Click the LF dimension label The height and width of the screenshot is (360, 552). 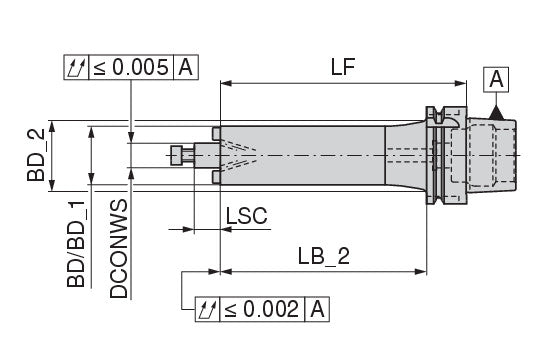coord(343,67)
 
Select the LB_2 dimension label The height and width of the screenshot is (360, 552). coord(324,256)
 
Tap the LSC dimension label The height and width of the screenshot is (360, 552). coord(246,216)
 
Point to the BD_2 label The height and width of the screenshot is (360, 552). coord(36,155)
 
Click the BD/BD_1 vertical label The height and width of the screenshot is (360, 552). coord(76,244)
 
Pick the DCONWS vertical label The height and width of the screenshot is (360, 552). coord(118,249)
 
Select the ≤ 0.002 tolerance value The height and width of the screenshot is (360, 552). coord(262,309)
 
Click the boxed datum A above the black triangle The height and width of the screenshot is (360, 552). coord(496,80)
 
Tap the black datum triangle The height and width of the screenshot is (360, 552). coord(496,113)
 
